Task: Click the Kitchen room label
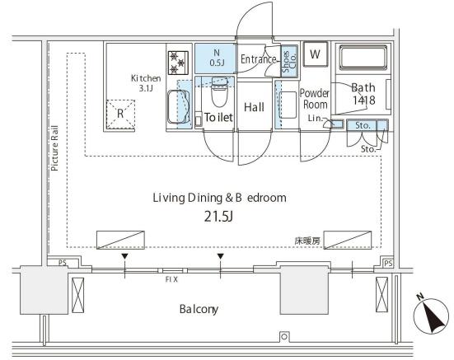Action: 146,78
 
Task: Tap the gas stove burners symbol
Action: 178,63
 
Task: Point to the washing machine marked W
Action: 315,54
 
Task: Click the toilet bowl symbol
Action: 219,92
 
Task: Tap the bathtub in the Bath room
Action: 363,58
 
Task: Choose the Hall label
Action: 254,107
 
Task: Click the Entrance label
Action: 258,59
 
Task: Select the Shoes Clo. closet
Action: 289,61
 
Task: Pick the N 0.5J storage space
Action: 216,58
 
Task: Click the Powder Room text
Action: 315,99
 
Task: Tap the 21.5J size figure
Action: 218,216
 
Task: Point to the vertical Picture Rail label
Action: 54,148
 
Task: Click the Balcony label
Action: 199,310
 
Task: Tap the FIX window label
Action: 171,279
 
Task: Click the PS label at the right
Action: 388,264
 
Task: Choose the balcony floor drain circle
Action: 284,337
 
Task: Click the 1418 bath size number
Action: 364,101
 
